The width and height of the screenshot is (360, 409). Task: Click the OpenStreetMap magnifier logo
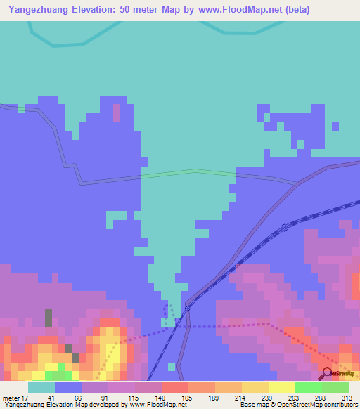coord(327,372)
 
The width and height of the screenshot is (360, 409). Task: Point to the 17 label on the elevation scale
coord(26,397)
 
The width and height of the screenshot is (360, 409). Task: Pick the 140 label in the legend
coord(161,397)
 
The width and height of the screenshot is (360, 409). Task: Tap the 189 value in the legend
coord(214,397)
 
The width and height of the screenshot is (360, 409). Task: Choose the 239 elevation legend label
coord(269,397)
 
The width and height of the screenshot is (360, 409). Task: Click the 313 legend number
coord(348,397)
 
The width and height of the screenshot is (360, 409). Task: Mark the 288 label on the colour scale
coord(322,397)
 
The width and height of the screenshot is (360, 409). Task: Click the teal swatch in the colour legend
coord(41,387)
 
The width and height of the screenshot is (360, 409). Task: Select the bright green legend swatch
coord(309,387)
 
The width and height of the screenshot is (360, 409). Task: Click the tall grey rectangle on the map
coord(49,318)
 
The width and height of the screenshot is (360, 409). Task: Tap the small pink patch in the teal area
coord(117,112)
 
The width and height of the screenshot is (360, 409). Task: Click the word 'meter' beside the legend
coord(11,397)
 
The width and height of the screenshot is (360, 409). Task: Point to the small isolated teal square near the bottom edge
coord(172,366)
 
